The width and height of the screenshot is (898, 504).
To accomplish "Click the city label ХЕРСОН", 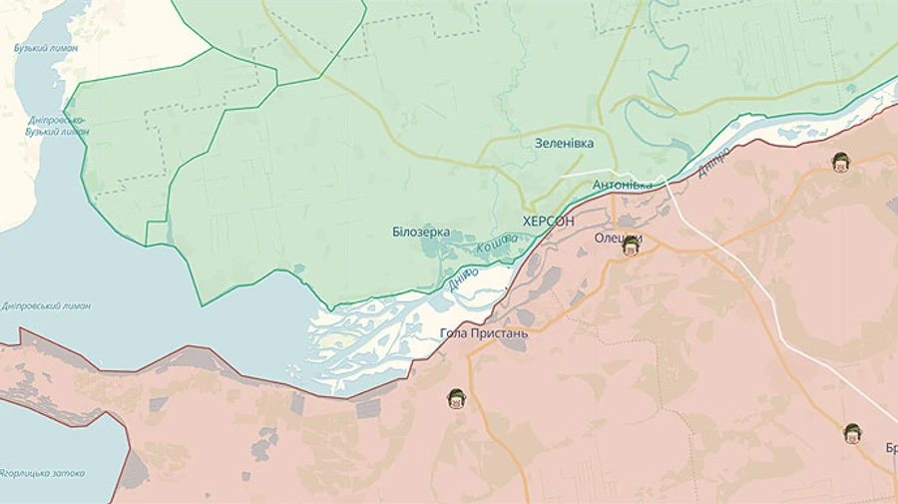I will pyautogui.click(x=548, y=221).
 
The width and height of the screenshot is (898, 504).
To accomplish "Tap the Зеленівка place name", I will pyautogui.click(x=564, y=144).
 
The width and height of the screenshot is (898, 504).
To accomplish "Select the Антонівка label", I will pyautogui.click(x=623, y=185).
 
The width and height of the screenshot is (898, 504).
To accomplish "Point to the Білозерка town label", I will pyautogui.click(x=421, y=232).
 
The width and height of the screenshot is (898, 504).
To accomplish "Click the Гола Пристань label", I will pyautogui.click(x=484, y=333).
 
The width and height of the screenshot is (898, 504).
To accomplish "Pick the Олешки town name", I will pyautogui.click(x=618, y=238).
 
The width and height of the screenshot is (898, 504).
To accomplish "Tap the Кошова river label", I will pyautogui.click(x=496, y=243).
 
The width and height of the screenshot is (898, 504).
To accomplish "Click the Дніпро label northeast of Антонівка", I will pyautogui.click(x=714, y=163).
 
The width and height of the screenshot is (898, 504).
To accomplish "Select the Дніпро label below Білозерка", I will pyautogui.click(x=463, y=279).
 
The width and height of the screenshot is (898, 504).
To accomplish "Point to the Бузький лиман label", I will pyautogui.click(x=45, y=48).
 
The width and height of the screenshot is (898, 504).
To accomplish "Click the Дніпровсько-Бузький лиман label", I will pyautogui.click(x=57, y=126).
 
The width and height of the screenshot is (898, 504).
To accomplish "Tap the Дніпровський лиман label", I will pyautogui.click(x=46, y=305).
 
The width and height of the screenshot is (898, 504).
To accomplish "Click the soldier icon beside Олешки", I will pyautogui.click(x=631, y=247).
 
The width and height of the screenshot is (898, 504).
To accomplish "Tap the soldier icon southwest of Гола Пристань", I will pyautogui.click(x=456, y=399).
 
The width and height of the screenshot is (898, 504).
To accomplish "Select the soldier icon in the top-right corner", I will pyautogui.click(x=841, y=162).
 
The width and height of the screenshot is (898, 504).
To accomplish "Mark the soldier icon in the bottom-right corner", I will pyautogui.click(x=852, y=433).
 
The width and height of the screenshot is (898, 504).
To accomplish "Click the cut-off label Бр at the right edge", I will pyautogui.click(x=890, y=448).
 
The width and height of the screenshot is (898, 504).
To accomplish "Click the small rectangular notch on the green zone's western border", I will pyautogui.click(x=157, y=233).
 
